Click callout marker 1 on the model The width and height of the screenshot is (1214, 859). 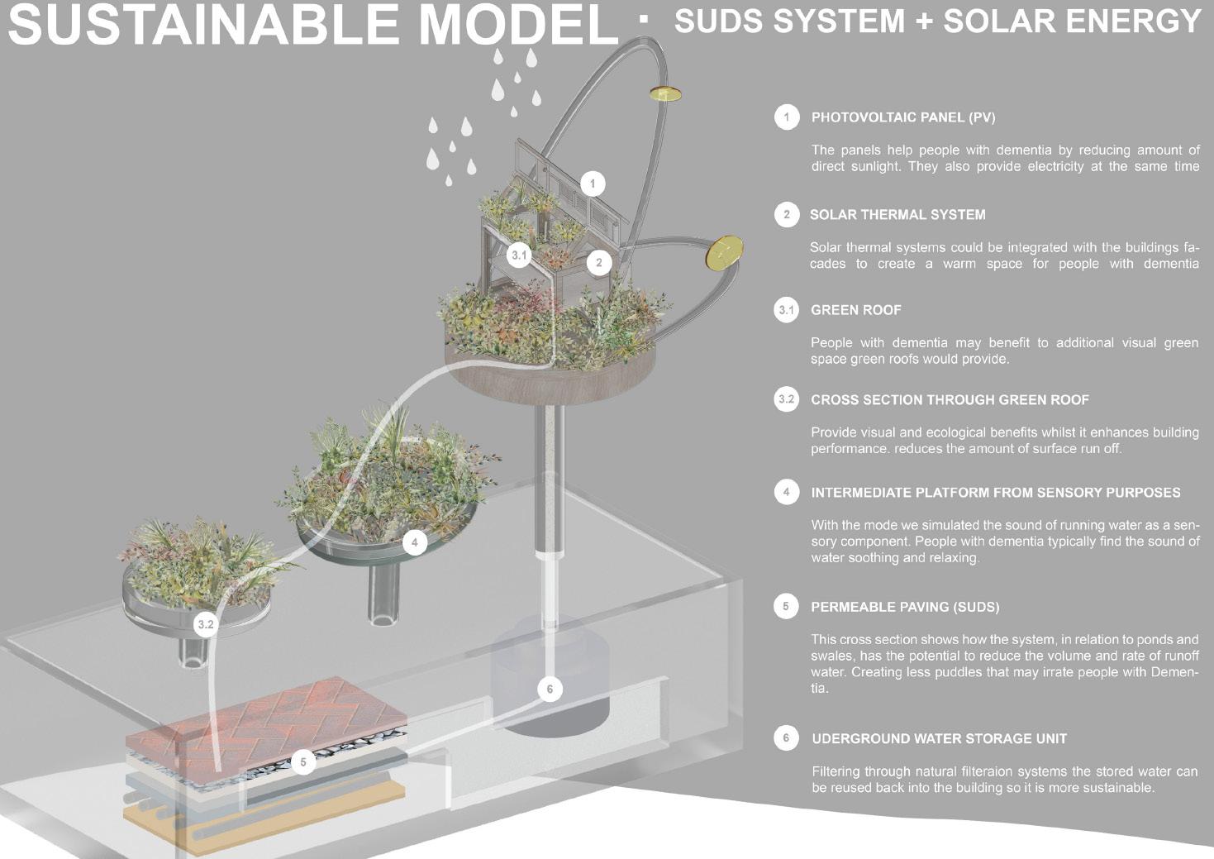[x=592, y=184]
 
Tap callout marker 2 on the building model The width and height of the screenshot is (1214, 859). [x=599, y=263]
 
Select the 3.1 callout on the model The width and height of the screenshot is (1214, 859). [x=519, y=255]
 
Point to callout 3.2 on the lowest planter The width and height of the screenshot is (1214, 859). [x=205, y=624]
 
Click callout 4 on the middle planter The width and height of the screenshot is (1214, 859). [x=414, y=542]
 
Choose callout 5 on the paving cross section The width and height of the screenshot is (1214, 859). [x=303, y=761]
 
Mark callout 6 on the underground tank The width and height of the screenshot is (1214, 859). [x=550, y=689]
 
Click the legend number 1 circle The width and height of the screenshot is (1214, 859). [x=787, y=117]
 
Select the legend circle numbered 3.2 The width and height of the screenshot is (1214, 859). [x=786, y=399]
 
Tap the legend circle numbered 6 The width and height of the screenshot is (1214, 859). [x=786, y=737]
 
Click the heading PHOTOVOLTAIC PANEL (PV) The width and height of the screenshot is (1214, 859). [x=903, y=117]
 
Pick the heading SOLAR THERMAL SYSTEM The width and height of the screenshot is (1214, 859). [x=897, y=215]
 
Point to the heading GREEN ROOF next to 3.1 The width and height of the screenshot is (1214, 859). [x=856, y=310]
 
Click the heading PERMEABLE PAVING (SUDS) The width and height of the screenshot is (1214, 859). [x=905, y=607]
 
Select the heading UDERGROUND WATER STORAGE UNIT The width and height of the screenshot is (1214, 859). [x=939, y=738]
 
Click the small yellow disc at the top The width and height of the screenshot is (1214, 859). [x=664, y=94]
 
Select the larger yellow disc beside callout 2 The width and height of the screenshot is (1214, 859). [x=724, y=252]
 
